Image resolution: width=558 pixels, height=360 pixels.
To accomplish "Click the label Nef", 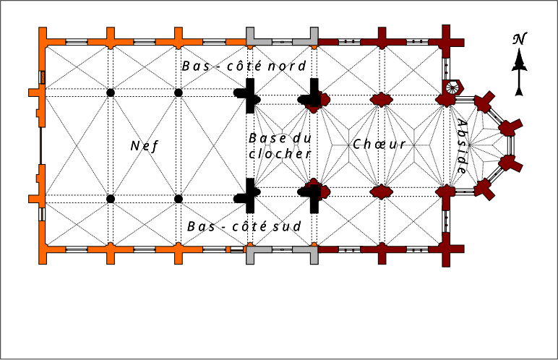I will (143, 145).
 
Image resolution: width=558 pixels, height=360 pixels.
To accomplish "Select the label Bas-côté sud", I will (244, 226).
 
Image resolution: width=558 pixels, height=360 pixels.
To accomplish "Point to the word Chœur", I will (379, 145).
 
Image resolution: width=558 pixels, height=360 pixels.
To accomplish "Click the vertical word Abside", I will (461, 146).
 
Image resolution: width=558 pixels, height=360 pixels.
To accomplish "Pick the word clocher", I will (279, 153).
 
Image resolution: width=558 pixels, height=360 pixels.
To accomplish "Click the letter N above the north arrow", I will (518, 39).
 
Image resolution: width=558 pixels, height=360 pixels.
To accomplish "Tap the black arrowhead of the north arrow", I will (519, 66).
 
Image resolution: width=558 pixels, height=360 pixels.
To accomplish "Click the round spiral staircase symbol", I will (453, 88).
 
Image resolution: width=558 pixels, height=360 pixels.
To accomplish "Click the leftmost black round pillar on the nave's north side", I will (110, 93).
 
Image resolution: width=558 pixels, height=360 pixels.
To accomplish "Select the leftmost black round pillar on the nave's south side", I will (110, 198).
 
